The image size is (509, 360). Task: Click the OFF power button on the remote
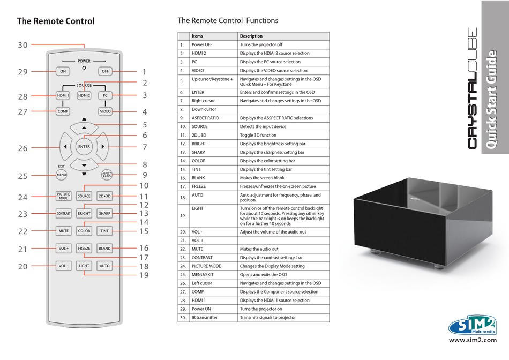tap(104, 71)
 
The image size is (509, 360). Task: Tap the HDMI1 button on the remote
tap(63, 96)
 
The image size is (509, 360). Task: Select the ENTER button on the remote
tap(84, 147)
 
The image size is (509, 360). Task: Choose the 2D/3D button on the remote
tap(104, 196)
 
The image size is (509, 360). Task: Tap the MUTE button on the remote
tap(63, 231)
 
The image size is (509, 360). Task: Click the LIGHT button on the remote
tap(84, 266)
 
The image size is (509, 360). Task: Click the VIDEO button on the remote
tap(105, 111)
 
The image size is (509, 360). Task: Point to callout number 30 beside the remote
tap(22, 46)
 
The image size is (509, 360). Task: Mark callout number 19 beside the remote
tap(144, 275)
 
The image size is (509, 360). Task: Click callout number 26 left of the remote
tap(22, 148)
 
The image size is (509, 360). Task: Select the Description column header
tap(251, 36)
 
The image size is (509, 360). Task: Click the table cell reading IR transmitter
tap(205, 318)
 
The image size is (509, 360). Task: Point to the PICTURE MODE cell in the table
tap(206, 266)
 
